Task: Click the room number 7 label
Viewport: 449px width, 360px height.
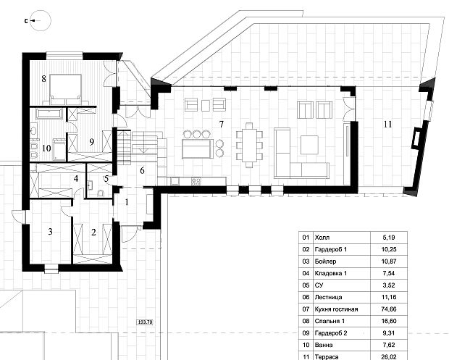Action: (221, 124)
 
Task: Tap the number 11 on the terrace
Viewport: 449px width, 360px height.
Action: (387, 124)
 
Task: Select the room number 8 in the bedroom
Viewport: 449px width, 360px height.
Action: (43, 78)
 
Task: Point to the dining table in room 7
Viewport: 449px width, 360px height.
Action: (249, 144)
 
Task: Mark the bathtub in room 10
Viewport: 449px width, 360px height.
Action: (49, 114)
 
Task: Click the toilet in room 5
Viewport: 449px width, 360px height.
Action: (101, 193)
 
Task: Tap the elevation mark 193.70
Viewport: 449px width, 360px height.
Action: (145, 322)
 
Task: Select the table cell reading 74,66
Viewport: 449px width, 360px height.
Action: (389, 309)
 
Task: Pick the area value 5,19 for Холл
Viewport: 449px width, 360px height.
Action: (389, 238)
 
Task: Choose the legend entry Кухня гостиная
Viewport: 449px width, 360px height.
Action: (336, 309)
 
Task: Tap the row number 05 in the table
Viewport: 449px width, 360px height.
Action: (306, 285)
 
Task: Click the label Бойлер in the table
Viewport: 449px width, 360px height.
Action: (325, 261)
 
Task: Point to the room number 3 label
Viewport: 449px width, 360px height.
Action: (50, 231)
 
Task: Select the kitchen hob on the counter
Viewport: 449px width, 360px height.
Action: (196, 181)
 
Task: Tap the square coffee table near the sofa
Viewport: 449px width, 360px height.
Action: (309, 145)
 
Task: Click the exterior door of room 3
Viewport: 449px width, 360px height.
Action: (19, 216)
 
